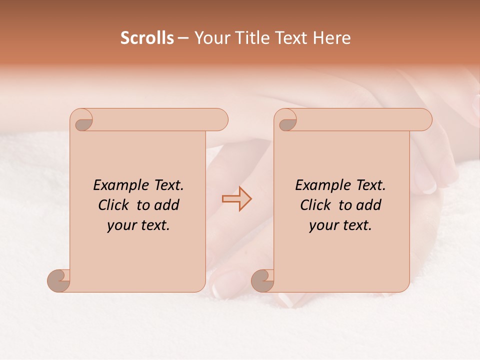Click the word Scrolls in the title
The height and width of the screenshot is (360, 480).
(x=147, y=38)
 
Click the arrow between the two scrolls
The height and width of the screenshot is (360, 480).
(x=237, y=198)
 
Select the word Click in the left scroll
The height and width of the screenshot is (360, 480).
(x=114, y=205)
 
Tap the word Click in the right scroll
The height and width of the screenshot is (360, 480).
(x=315, y=205)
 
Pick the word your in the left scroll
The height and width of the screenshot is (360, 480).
(x=120, y=225)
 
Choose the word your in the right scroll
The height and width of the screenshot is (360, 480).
(x=323, y=225)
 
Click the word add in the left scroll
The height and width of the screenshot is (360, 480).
(x=166, y=205)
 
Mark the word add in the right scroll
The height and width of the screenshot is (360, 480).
(x=369, y=205)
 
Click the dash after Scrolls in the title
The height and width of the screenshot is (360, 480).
(x=183, y=38)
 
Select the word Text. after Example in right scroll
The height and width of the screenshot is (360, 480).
(x=370, y=185)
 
